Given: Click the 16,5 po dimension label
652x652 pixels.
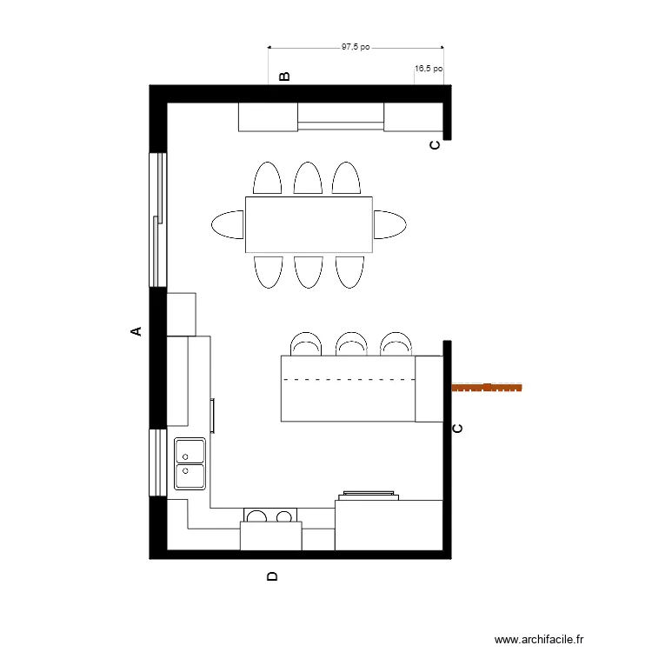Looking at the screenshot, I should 429,68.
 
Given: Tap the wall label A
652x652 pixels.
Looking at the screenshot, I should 136,330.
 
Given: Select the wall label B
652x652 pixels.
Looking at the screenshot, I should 283,77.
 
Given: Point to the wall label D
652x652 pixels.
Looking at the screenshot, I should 272,576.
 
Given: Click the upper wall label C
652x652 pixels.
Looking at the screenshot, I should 435,146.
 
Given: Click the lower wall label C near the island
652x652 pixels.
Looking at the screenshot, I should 458,428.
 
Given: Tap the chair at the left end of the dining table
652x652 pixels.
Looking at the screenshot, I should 227,224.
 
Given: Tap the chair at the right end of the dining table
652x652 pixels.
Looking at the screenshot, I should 390,224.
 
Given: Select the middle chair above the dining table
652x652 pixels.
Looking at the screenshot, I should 309,178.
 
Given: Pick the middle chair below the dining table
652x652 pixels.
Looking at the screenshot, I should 309,271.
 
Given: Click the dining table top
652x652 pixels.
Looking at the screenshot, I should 309,224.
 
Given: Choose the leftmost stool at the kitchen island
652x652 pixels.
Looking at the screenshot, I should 305,344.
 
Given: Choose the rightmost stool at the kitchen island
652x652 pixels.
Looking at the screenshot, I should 396,344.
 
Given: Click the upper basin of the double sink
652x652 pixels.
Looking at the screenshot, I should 190,451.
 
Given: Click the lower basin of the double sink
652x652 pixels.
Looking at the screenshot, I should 190,476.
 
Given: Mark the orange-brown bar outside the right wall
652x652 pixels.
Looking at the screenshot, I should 488,387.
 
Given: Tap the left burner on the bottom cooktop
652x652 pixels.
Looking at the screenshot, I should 256,517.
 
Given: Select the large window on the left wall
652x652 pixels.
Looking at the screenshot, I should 157,219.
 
